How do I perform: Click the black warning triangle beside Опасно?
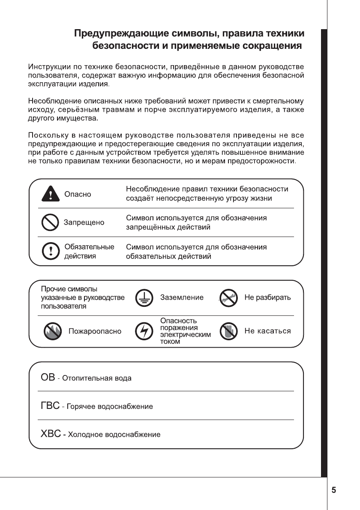coord(50,194)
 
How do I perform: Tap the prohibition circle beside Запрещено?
coord(50,222)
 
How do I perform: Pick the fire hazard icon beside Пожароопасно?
coord(52,331)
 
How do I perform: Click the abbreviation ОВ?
coord(48,378)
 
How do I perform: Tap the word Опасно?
coord(78,194)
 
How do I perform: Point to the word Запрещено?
coord(84,222)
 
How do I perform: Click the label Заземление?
coord(182,297)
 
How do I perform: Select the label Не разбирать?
coord(267,297)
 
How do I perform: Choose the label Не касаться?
coord(267,331)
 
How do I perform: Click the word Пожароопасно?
coord(95,331)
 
